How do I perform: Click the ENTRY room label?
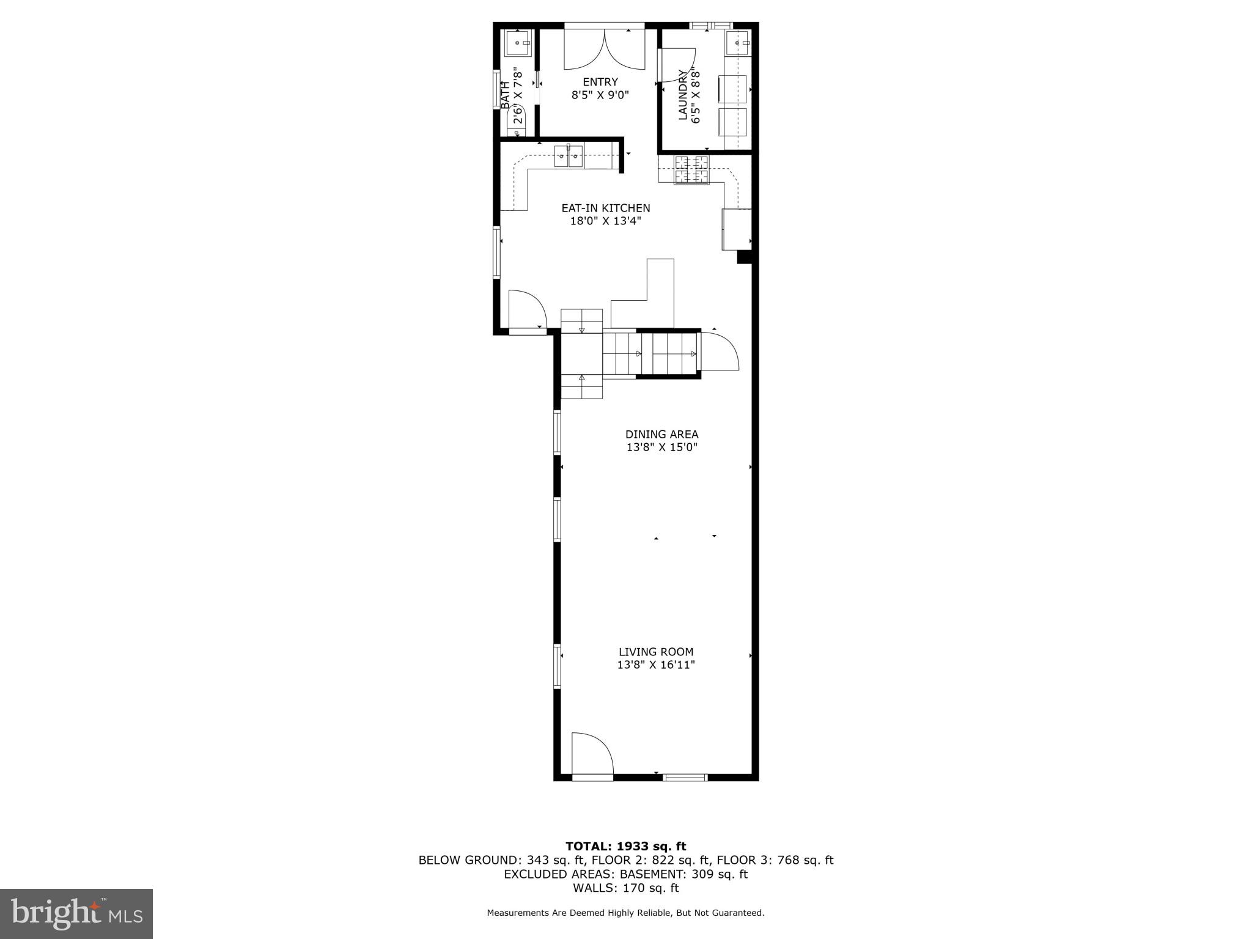pyautogui.click(x=600, y=82)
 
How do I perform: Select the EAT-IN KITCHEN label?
pyautogui.click(x=605, y=208)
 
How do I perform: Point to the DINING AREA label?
pyautogui.click(x=661, y=435)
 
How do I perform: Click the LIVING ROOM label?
pyautogui.click(x=656, y=652)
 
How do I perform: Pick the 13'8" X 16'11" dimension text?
pyautogui.click(x=656, y=665)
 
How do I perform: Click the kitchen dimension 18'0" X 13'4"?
pyautogui.click(x=605, y=221)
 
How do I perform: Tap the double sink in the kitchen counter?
pyautogui.click(x=569, y=156)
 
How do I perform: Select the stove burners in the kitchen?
pyautogui.click(x=691, y=169)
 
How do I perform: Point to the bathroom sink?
pyautogui.click(x=518, y=43)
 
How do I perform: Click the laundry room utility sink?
pyautogui.click(x=737, y=43)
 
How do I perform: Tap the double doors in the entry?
pyautogui.click(x=604, y=49)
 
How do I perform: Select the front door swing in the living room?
pyautogui.click(x=591, y=753)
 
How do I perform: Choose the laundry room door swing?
pyautogui.click(x=676, y=65)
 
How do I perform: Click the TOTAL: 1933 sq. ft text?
pyautogui.click(x=625, y=847)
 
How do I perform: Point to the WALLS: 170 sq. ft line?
pyautogui.click(x=625, y=888)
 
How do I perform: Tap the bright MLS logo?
pyautogui.click(x=76, y=913)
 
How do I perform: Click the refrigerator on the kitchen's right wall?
pyautogui.click(x=737, y=229)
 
